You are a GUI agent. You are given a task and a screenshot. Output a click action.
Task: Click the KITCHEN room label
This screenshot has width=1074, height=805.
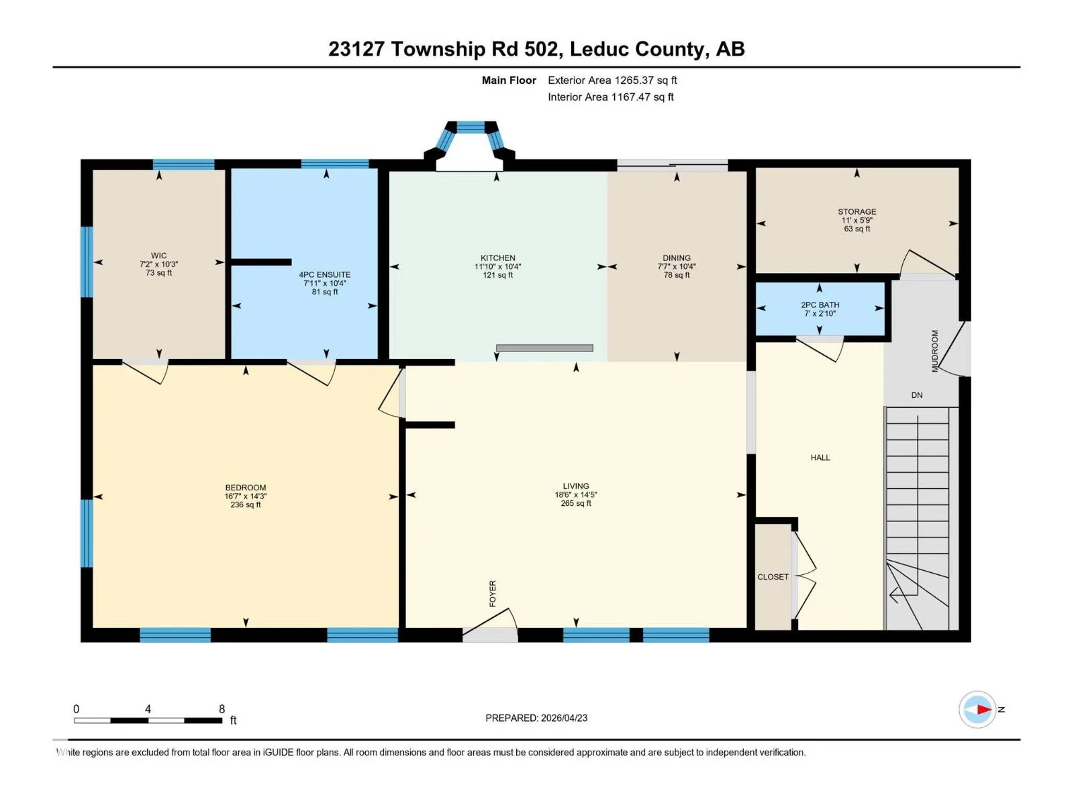497,258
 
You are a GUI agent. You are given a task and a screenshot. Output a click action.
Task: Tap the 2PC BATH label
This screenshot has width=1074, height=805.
820,305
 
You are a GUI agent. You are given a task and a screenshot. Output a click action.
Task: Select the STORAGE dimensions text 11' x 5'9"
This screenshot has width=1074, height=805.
857,220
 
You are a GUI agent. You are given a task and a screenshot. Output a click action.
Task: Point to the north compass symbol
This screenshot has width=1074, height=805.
977,709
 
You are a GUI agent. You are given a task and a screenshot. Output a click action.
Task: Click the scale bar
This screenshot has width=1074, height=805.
148,720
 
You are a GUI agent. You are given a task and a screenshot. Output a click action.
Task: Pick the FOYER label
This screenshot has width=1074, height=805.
492,594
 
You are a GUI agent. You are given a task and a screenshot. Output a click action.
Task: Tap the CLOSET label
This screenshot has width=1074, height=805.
773,577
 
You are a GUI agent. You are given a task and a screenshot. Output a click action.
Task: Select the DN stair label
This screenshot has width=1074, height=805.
916,395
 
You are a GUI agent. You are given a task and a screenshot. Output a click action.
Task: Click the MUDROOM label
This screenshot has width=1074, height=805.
934,351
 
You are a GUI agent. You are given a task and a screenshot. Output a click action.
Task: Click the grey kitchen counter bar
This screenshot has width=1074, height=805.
544,348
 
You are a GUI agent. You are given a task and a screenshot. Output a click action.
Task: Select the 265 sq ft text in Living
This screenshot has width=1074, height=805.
575,503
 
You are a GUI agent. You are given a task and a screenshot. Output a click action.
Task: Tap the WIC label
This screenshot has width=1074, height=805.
158,255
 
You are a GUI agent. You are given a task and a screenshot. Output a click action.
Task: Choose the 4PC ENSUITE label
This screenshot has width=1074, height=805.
324,274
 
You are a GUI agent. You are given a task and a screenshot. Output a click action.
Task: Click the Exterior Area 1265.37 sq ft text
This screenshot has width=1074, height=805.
612,80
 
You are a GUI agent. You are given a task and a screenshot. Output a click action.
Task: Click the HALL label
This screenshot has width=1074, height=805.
820,458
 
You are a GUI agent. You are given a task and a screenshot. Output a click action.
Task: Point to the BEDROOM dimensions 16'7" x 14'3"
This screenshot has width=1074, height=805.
245,496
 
